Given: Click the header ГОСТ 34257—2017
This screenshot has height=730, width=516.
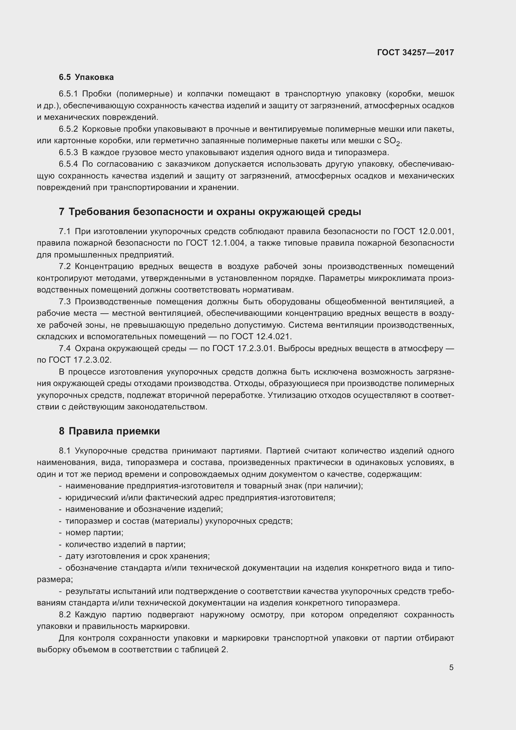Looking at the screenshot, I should (x=415, y=52).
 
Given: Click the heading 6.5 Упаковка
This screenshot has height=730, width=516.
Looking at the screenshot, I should (x=86, y=77).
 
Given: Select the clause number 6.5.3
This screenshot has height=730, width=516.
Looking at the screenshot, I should (x=68, y=153).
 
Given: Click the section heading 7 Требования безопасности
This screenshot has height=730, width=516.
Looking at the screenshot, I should (x=210, y=212).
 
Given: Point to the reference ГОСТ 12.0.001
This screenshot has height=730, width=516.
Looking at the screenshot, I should (x=424, y=232).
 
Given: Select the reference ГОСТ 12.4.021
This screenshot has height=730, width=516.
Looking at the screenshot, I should (x=261, y=337).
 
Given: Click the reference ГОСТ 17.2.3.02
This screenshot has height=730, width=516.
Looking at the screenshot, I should (x=80, y=360).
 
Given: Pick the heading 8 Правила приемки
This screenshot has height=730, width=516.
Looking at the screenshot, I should (x=109, y=431).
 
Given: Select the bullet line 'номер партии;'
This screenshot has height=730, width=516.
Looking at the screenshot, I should (x=94, y=532).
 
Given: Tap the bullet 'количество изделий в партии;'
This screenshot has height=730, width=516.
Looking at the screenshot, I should (x=125, y=544).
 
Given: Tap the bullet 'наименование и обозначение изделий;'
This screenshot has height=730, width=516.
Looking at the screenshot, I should (x=144, y=509).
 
